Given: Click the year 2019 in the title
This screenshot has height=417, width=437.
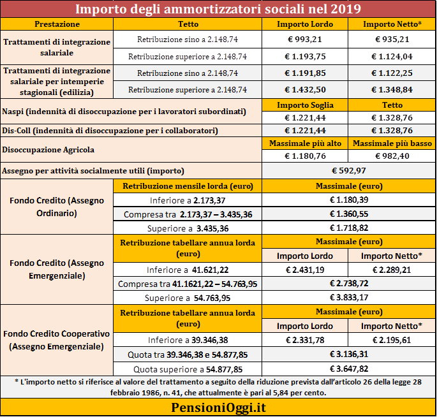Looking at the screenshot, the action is [x=346, y=9].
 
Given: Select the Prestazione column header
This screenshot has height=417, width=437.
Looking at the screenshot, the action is [x=57, y=24].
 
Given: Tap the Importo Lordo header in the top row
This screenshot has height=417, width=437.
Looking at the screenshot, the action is [x=305, y=24].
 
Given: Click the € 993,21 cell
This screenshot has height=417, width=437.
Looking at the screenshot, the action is [x=305, y=40].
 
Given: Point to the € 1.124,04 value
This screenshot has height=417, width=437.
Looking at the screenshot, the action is [x=392, y=57].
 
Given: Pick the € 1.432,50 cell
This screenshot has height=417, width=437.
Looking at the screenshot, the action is [x=305, y=90].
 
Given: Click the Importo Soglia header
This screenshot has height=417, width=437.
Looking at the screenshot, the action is [x=305, y=105].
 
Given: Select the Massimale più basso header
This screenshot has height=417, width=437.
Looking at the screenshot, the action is [x=392, y=143].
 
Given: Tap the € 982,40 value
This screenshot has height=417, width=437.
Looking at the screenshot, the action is [x=392, y=156].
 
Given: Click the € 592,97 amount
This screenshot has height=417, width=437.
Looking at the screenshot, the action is [x=349, y=170].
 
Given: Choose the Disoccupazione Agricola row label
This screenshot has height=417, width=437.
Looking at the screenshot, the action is [x=48, y=150].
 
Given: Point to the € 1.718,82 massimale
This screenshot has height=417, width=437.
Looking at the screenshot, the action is [x=349, y=228].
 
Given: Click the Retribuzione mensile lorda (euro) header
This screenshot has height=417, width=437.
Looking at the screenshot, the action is [x=188, y=186].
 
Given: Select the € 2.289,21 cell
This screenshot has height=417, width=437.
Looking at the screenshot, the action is [x=392, y=270].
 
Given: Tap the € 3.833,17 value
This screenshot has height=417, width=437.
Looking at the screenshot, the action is [x=349, y=298].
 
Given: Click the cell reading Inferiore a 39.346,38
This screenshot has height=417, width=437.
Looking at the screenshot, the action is [x=188, y=340].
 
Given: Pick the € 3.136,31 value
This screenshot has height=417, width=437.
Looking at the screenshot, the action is [x=349, y=355].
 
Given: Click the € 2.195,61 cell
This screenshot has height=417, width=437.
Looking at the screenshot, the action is [x=392, y=340].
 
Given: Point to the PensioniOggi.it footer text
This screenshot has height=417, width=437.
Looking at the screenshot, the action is [x=218, y=407].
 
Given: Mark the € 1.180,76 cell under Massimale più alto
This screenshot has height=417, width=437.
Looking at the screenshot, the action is [x=305, y=156].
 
